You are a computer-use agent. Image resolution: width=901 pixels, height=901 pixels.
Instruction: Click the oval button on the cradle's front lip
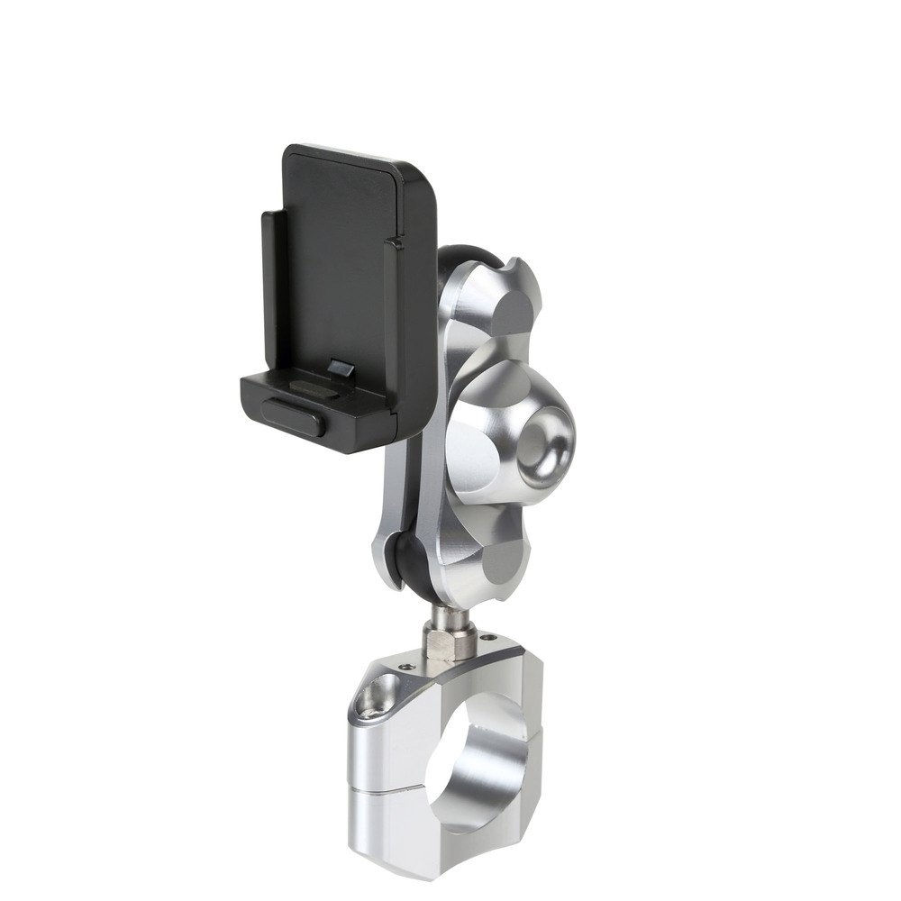coord(290,417)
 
